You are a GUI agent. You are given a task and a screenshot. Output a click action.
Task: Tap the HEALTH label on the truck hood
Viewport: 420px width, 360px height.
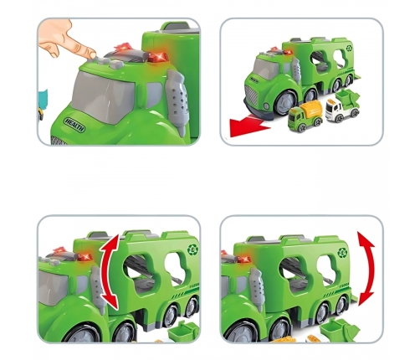tap(74, 125)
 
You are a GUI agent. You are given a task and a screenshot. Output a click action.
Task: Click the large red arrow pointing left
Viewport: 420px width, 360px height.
tap(249, 126)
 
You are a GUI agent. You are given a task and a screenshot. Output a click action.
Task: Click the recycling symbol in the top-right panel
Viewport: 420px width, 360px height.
tap(349, 48)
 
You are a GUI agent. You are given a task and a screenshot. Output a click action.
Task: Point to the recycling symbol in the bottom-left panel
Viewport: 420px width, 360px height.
tap(192, 249)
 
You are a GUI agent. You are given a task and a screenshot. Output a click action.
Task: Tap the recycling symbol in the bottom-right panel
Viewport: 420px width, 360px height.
tap(342, 253)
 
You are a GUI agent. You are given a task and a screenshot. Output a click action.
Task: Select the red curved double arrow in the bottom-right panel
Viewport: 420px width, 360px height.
tap(367, 270)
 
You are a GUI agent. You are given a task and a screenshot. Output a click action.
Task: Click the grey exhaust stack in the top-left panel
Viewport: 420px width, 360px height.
tap(177, 98)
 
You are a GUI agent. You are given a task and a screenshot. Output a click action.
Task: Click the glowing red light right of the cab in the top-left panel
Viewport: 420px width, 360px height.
tap(157, 57)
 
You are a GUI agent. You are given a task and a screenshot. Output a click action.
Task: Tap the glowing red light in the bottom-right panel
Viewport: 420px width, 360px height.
tap(244, 260)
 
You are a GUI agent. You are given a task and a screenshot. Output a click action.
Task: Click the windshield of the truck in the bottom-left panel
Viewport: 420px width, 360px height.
tap(52, 288)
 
